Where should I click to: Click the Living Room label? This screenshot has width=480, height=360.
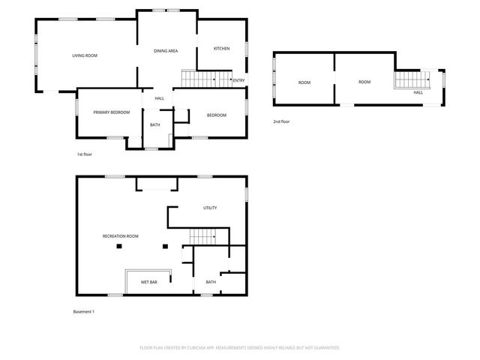click(x=85, y=55)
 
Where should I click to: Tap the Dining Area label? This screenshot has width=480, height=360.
click(x=165, y=51)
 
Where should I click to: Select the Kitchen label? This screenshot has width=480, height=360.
click(x=221, y=49)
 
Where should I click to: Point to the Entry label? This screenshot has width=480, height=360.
click(x=238, y=80)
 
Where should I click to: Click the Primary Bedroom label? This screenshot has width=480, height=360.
click(x=112, y=112)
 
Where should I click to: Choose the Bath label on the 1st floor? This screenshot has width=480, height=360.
click(x=154, y=124)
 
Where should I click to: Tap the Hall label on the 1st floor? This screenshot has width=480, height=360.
click(x=159, y=98)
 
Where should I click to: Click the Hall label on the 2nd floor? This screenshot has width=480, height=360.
click(x=418, y=92)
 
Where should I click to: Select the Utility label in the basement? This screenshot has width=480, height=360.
click(x=210, y=208)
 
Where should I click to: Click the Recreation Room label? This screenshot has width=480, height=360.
click(x=121, y=236)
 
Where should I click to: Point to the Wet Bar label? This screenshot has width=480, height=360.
click(x=148, y=282)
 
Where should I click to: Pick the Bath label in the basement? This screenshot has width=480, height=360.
click(x=211, y=282)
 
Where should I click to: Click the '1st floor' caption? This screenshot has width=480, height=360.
click(x=84, y=154)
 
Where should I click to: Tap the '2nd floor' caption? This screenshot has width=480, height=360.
click(x=281, y=121)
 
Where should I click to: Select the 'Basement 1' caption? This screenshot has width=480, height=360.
click(x=84, y=311)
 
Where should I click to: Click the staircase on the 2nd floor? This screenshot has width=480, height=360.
click(x=409, y=79)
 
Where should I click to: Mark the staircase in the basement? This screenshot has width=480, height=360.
click(x=202, y=237)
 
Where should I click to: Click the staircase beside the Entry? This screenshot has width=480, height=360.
click(x=198, y=78)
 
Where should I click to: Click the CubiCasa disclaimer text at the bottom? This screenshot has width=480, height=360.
click(x=240, y=348)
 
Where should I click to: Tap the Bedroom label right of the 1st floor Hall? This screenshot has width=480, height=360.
click(x=217, y=115)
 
